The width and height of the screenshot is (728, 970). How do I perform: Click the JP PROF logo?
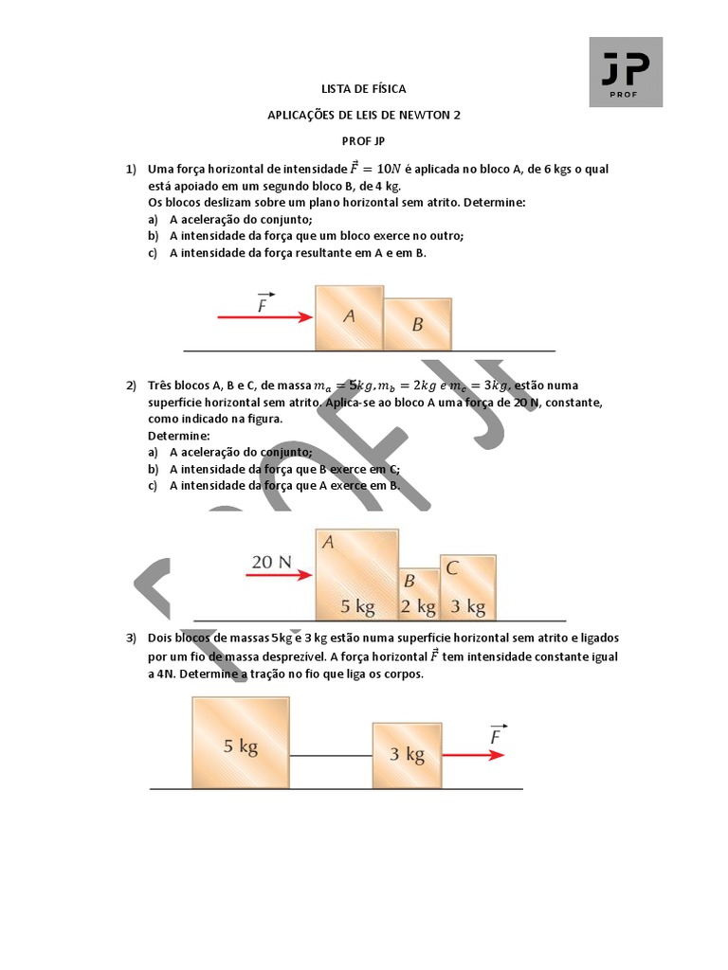626,72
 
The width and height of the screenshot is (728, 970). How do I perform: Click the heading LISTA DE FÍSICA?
363,89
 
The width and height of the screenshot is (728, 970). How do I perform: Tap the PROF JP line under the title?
363,141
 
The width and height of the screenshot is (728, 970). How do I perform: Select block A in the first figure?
349,317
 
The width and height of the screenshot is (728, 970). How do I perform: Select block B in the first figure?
417,324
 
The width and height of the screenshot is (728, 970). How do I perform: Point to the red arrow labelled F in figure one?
264,317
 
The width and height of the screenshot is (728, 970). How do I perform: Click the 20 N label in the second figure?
271,562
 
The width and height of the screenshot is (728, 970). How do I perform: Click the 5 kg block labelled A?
356,574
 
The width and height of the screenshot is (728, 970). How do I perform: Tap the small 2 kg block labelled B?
418,594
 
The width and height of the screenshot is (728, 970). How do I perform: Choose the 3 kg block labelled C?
467,586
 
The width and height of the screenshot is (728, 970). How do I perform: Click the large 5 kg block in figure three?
241,742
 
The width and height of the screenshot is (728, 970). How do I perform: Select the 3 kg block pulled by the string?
407,754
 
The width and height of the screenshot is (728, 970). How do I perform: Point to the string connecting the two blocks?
331,755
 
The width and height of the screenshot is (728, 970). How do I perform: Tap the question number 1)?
131,170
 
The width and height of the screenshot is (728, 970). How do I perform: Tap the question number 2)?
131,386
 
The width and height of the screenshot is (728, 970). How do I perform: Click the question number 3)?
131,638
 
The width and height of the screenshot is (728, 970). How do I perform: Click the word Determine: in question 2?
179,436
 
